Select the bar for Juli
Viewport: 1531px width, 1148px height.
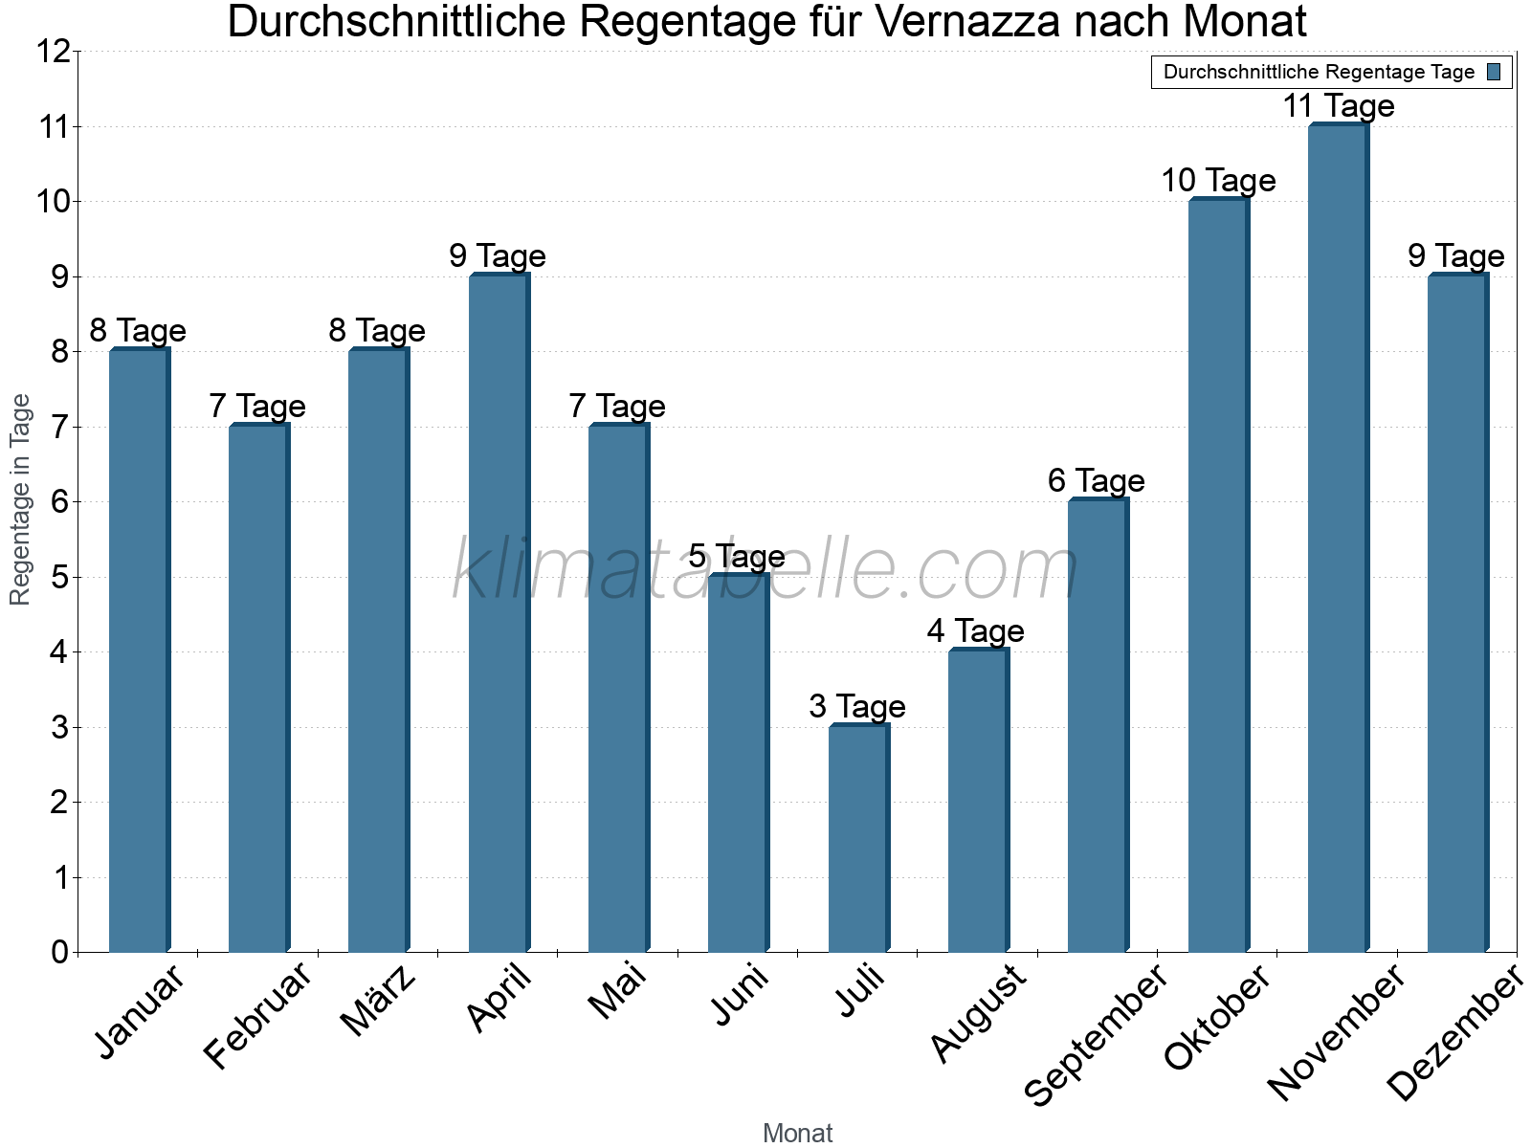[x=858, y=838]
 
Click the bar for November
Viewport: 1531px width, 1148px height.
[x=1338, y=538]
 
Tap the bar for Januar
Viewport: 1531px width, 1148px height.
[x=139, y=651]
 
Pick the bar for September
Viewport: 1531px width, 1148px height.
[x=1098, y=725]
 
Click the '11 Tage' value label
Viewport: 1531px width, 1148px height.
[x=1338, y=105]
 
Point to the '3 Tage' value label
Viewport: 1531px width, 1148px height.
[x=856, y=707]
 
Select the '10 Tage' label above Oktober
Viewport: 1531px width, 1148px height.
[x=1217, y=180]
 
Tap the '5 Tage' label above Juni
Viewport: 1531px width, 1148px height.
[x=736, y=556]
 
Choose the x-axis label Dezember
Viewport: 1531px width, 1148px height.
[x=1454, y=1033]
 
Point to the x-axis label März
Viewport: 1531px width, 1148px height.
[x=380, y=1001]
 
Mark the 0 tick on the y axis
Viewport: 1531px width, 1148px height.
[x=59, y=952]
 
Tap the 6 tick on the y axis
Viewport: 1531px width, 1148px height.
[x=59, y=502]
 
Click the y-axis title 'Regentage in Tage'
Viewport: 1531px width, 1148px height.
[x=20, y=499]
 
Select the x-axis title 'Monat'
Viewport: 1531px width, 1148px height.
[x=797, y=1133]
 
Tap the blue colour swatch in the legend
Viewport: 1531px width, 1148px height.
[x=1494, y=72]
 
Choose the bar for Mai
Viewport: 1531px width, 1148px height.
[x=618, y=688]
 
